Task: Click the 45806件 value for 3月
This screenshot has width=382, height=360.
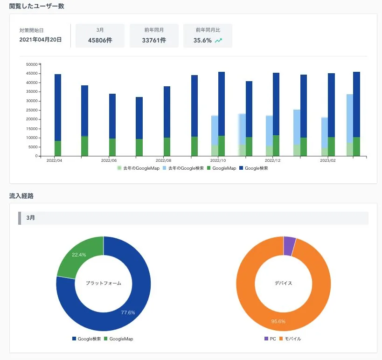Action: click(100, 40)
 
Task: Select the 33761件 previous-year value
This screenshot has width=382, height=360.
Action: click(154, 40)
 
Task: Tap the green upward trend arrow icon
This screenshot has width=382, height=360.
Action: click(219, 41)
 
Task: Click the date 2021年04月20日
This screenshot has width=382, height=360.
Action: click(41, 40)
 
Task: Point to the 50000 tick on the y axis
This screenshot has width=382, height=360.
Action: click(32, 64)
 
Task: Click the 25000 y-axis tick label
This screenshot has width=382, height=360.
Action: click(32, 110)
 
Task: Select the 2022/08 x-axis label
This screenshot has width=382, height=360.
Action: click(163, 160)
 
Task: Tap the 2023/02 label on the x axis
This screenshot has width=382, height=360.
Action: click(328, 160)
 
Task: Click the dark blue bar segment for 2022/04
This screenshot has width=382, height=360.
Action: click(58, 107)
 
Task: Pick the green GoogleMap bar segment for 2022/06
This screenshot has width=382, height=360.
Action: click(112, 147)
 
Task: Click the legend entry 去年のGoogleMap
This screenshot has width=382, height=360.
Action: click(139, 168)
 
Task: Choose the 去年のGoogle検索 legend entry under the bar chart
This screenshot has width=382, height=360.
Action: click(183, 168)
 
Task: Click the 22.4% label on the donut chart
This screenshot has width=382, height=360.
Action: click(79, 255)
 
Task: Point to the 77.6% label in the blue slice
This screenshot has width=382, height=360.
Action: click(128, 312)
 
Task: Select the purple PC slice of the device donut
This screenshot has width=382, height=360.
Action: click(290, 246)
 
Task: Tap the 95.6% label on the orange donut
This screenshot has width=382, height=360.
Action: click(278, 321)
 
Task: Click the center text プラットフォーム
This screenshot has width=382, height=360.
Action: click(103, 283)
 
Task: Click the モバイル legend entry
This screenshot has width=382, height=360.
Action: click(290, 339)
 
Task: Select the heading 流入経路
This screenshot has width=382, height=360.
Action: click(21, 196)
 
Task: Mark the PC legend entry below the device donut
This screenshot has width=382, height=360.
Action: click(270, 339)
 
